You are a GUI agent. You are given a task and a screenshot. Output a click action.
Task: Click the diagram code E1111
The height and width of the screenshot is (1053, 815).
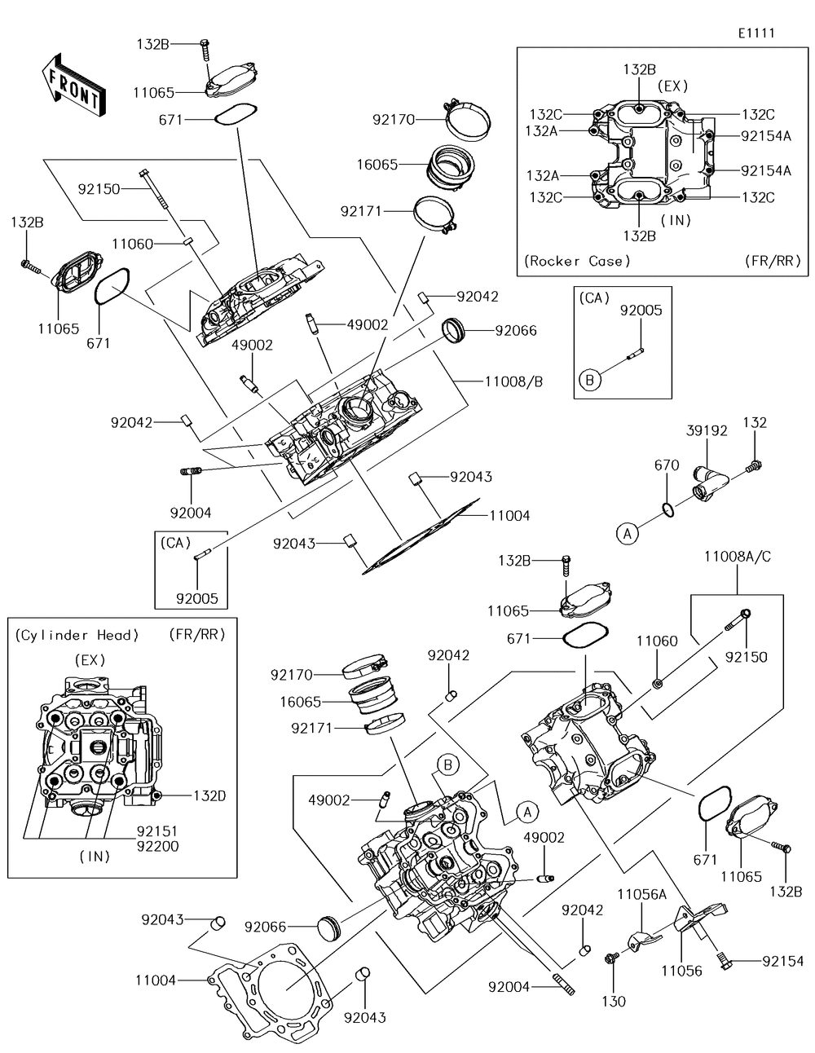click(756, 33)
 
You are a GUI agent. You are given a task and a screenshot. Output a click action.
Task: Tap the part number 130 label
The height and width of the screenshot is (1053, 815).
click(614, 1001)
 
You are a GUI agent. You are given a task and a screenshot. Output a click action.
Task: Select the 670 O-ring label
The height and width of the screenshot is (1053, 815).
click(667, 465)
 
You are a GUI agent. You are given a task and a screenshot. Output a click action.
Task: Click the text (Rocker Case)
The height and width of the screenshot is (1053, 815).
click(577, 261)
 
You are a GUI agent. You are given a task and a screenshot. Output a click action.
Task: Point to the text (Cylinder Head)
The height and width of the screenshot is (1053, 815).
click(77, 635)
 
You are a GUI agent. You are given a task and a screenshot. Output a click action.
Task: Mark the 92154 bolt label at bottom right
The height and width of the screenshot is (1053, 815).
click(782, 962)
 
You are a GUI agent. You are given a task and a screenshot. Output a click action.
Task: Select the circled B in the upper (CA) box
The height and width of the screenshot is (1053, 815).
click(590, 379)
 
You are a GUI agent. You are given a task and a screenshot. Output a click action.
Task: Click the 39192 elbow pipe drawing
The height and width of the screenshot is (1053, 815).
click(705, 482)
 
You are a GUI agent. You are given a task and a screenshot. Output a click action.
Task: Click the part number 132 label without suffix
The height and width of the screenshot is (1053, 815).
click(755, 423)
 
